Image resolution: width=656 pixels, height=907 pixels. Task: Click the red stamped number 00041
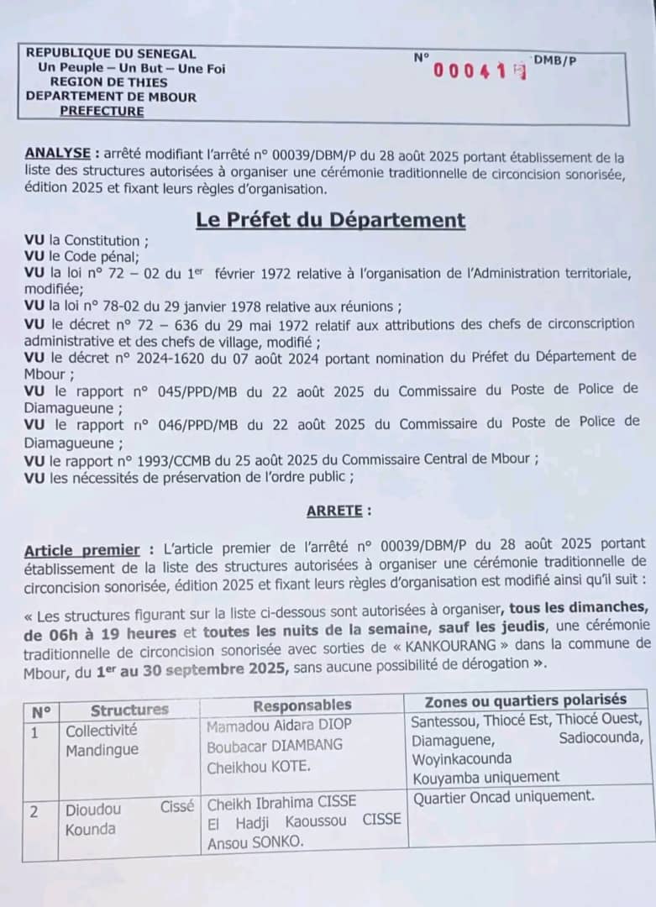(x=475, y=71)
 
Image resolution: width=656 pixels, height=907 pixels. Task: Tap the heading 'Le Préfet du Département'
(x=330, y=220)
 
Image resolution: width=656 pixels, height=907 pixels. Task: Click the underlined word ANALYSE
(x=58, y=154)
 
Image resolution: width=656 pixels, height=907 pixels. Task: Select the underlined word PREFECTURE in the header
(x=102, y=111)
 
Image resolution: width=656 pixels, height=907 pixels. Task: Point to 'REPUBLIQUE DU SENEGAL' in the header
(x=110, y=54)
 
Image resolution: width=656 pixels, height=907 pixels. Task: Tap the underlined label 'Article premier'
(x=82, y=550)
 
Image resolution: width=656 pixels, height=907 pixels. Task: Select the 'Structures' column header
(x=129, y=710)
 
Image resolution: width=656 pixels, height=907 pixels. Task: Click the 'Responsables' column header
(x=302, y=705)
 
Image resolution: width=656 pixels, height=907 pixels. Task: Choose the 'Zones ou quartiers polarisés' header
(x=526, y=700)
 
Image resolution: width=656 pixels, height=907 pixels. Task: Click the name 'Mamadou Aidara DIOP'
(x=280, y=725)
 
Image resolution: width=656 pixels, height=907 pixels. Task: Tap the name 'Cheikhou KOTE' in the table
(x=258, y=766)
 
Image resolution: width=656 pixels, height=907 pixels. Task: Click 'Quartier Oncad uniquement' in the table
(x=503, y=795)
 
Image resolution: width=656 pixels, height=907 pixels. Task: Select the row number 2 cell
(x=35, y=811)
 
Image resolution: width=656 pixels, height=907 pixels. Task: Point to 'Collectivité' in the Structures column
(x=101, y=731)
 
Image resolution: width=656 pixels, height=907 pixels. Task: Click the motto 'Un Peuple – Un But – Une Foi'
(x=131, y=68)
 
